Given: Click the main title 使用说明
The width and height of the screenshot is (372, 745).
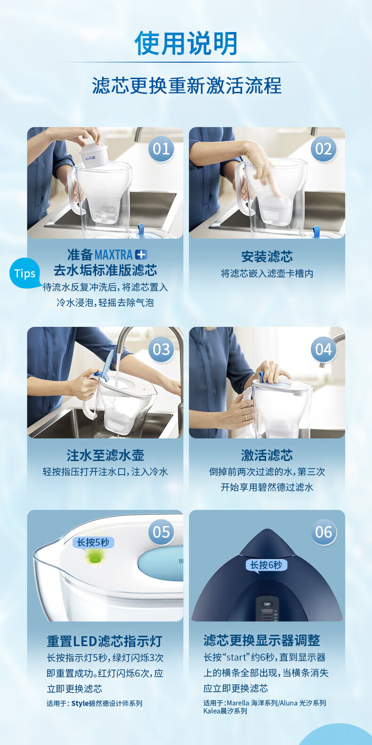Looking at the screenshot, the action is pos(186,43).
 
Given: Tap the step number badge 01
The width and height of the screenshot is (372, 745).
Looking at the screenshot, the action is pos(161,149).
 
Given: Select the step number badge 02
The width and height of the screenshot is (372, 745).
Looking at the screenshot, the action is pos(323,149).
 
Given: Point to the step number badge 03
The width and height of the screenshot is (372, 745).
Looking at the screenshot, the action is pos(161,349).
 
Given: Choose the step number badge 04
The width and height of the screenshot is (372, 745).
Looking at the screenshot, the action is pos(323,349).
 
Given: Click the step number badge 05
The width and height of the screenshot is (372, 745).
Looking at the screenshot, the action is pos(161,532).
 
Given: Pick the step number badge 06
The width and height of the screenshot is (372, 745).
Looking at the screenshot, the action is pos(323,532).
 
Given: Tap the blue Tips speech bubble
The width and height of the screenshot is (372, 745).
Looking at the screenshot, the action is pos(24,273).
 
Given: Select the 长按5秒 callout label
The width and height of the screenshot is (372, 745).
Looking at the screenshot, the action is pos(93,543).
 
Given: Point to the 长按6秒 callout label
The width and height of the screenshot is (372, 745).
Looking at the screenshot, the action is pos(266,565).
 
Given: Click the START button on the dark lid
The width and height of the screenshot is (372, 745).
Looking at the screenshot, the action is pos(267,604).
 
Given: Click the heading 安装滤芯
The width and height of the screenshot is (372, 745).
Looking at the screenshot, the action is pos(267,257).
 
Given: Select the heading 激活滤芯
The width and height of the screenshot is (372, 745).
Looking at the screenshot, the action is pos(267,455).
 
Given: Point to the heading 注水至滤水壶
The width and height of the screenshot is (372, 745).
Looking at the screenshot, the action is pos(105,455).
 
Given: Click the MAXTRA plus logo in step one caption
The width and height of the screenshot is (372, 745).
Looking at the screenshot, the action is pos(121,255).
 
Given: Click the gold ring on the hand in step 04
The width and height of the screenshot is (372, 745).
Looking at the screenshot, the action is pos(246,417).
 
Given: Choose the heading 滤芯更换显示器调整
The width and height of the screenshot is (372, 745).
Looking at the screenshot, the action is pos(262,640).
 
